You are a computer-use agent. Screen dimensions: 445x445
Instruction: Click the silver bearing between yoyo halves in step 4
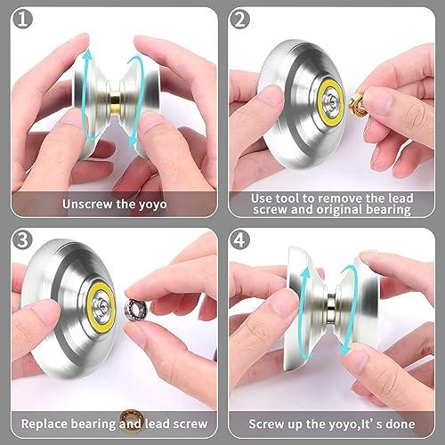tap(331, 315)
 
